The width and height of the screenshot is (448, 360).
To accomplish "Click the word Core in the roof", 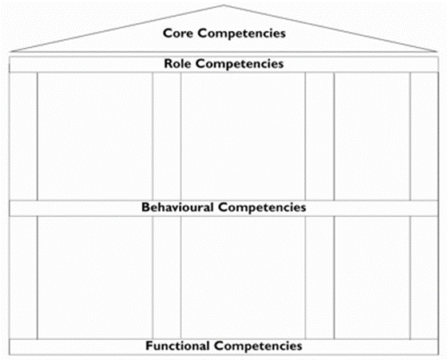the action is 179,33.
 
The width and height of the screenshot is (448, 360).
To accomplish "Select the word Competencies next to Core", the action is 242,34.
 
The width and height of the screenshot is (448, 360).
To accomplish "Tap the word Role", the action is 177,63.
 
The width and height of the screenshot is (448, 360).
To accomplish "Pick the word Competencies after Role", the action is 240,64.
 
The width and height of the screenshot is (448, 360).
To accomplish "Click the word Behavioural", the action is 178,208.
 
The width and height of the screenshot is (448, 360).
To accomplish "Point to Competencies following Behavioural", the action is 262,208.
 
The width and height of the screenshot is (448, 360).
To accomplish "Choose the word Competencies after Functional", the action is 258,346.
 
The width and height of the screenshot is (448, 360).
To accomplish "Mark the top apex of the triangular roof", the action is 224,5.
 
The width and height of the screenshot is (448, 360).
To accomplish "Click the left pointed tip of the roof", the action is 10,52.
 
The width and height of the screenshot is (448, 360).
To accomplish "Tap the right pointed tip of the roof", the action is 437,52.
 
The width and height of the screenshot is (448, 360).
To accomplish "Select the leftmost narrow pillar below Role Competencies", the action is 23,136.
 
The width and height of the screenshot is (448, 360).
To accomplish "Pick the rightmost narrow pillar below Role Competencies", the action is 424,136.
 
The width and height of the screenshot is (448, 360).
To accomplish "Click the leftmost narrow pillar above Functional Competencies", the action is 23,278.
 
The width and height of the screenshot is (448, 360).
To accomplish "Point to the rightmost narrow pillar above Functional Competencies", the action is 424,278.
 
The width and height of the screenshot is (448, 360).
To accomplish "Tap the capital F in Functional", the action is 149,346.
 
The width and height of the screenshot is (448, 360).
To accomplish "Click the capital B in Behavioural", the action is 145,208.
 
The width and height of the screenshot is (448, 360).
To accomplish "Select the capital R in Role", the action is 168,63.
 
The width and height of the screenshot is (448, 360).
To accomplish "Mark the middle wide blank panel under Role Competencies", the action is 243,136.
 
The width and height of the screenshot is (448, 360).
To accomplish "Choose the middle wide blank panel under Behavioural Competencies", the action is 243,278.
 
